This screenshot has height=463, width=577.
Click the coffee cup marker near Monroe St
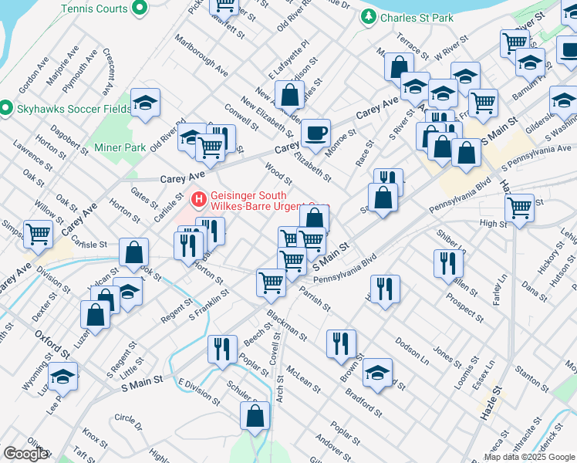(x=315, y=133)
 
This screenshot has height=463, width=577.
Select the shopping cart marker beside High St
(x=520, y=206)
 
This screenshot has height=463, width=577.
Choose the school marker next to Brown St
(x=377, y=372)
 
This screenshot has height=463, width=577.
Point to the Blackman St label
(x=287, y=326)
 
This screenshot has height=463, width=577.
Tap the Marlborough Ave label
(x=201, y=54)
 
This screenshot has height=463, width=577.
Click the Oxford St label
(x=52, y=344)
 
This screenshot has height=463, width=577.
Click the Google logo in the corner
(x=25, y=454)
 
